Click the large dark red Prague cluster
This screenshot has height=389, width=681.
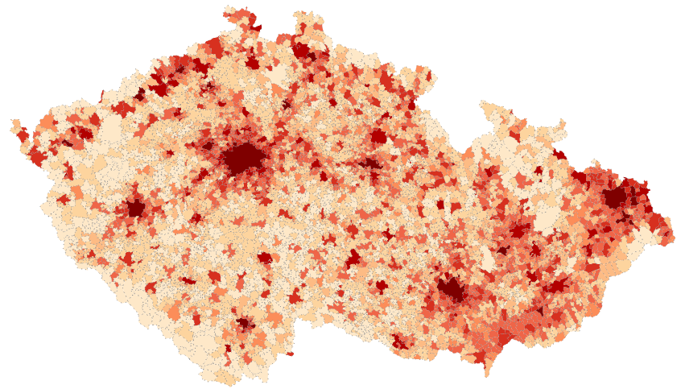(241, 159)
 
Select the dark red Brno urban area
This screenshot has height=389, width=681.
(451, 289)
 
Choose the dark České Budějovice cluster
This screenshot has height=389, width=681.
(244, 323)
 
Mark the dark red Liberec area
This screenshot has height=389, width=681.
(303, 52)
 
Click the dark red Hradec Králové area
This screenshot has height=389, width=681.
(378, 136)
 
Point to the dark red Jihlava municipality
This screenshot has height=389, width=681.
(353, 259)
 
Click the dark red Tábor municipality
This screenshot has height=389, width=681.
(264, 258)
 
